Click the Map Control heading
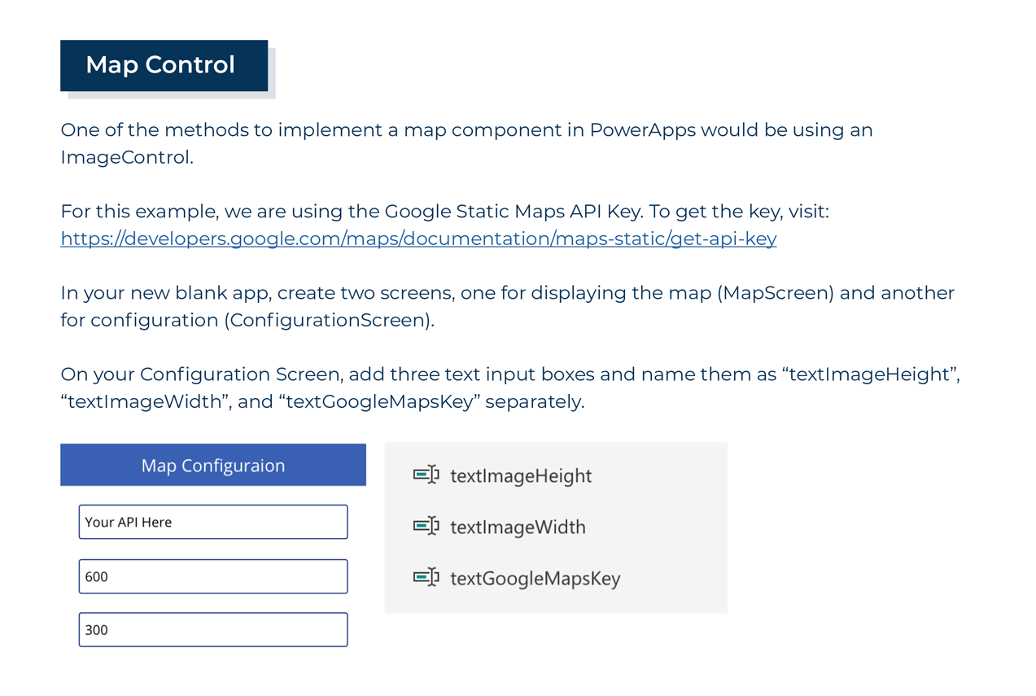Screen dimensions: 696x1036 point(160,65)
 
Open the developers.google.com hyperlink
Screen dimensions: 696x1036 point(418,239)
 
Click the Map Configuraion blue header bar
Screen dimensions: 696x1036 point(213,466)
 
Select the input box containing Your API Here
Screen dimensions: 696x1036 point(213,522)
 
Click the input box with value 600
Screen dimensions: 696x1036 point(213,576)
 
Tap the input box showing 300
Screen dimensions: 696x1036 point(213,629)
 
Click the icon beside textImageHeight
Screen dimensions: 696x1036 point(426,475)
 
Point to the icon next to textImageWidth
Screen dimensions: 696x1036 point(426,526)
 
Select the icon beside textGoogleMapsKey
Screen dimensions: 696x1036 point(426,578)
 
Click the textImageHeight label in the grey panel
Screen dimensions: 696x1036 point(521,475)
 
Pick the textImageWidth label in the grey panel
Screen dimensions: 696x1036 point(518,527)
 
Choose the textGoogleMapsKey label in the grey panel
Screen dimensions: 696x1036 point(535,579)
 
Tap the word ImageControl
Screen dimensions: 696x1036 point(125,157)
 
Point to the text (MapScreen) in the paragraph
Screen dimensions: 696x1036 point(776,293)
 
